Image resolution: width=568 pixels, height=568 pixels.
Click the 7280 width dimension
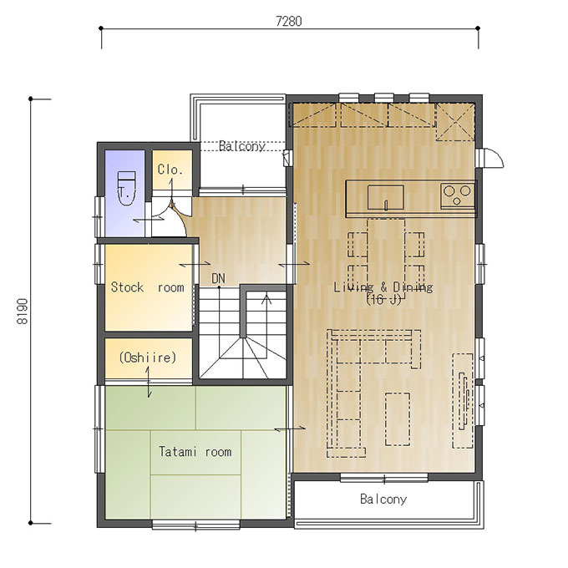pos(289,22)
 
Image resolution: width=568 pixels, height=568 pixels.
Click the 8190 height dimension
pos(23,312)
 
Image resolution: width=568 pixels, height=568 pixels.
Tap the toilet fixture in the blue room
pos(126,189)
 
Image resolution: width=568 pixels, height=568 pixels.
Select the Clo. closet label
pos(170,170)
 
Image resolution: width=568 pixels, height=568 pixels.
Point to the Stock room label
pos(148,287)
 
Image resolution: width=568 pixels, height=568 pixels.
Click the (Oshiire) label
pos(148,358)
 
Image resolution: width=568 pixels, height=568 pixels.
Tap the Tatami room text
pos(195,452)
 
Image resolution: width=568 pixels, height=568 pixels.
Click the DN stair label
pos(218,278)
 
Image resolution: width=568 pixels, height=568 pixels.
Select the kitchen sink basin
pos(386,197)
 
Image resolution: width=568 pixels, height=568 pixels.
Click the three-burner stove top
pos(457,195)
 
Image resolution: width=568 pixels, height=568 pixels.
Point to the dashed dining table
pos(386,258)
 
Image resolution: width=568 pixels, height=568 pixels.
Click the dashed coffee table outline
pos(398,419)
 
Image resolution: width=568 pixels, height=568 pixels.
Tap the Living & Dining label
pos(383,287)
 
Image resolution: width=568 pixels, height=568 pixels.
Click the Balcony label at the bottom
pos(383,500)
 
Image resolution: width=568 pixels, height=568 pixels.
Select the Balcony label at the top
pos(242,146)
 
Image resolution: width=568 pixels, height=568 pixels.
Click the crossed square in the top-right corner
pos(455,122)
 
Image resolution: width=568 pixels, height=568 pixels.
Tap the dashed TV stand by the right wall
pos(463,401)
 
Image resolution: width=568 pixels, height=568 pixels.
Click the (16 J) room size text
pos(383,300)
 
